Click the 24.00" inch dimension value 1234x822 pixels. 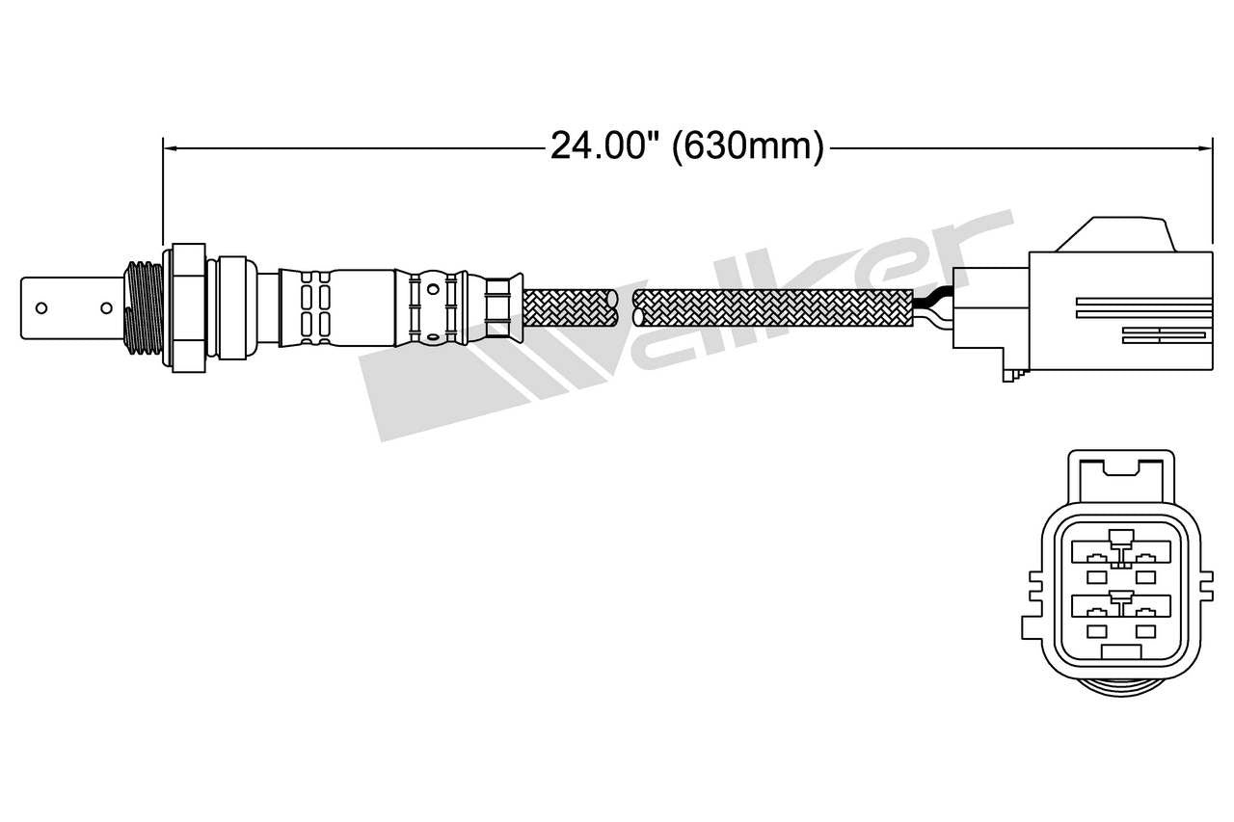click(604, 147)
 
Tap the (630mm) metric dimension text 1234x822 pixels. click(748, 147)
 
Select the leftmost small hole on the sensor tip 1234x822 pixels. click(41, 308)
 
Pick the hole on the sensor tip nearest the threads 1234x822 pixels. click(107, 308)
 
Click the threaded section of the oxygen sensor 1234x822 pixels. click(142, 306)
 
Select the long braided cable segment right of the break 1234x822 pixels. click(771, 305)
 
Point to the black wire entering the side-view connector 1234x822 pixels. click(932, 304)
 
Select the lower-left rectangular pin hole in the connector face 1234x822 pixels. click(1095, 630)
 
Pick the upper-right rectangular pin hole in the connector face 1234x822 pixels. click(1145, 576)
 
